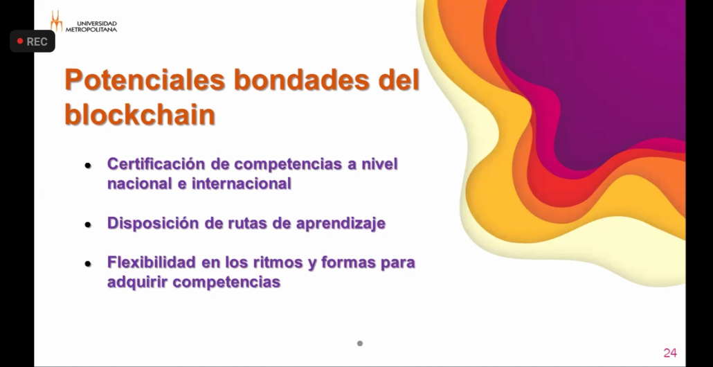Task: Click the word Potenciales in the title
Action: [x=145, y=80]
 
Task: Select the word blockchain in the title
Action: [x=140, y=114]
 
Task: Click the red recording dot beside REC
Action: [x=20, y=42]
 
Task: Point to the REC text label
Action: [x=37, y=42]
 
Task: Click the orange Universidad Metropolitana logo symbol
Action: [x=56, y=21]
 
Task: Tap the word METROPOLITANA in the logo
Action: [x=91, y=30]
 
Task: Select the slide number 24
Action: [x=670, y=353]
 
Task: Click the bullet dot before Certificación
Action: [x=88, y=165]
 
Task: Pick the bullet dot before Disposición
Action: [x=88, y=224]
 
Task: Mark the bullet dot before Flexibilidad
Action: [x=88, y=264]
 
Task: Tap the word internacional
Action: [x=241, y=183]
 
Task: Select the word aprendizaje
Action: [x=341, y=224]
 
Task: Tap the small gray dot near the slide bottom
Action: [x=360, y=343]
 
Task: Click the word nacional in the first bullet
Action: [x=136, y=183]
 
